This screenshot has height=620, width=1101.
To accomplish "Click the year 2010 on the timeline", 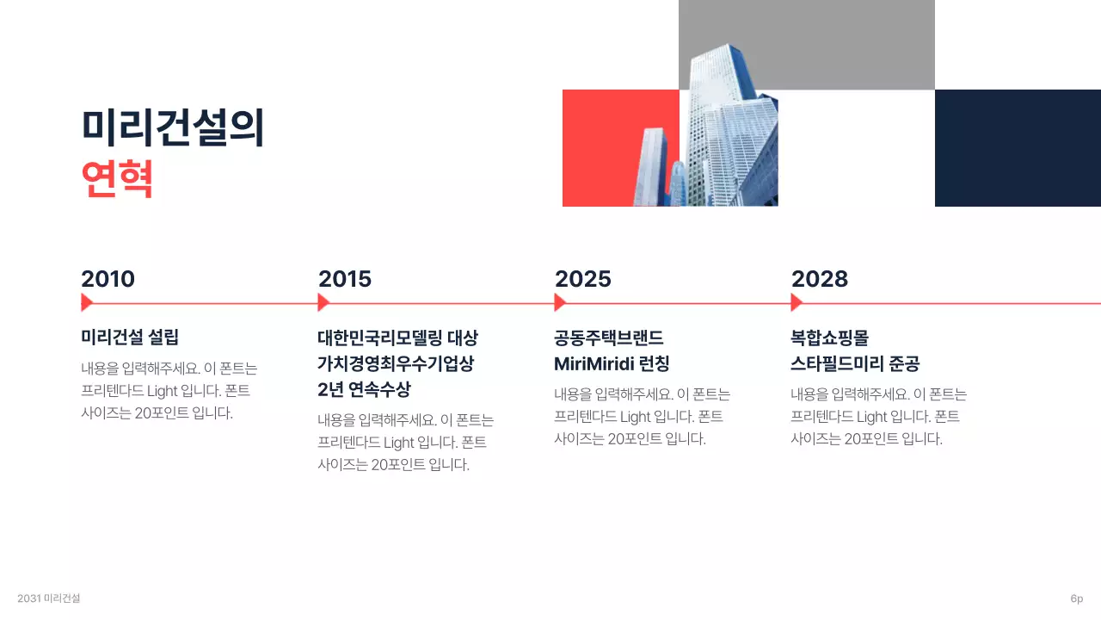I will (108, 279).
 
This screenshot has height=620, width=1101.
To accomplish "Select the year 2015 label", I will (345, 279).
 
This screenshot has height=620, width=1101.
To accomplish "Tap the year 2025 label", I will (582, 279).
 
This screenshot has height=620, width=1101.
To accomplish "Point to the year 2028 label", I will (819, 279).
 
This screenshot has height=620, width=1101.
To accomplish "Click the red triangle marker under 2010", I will (86, 302).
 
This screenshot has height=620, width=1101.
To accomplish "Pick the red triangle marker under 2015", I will (323, 302).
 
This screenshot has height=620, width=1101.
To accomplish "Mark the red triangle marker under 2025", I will (559, 302).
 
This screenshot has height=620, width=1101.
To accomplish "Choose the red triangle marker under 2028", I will (796, 302).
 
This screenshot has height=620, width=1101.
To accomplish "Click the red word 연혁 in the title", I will (117, 179).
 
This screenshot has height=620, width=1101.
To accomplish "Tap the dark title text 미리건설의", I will (172, 127).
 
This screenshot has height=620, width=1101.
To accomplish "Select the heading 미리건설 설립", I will (130, 338).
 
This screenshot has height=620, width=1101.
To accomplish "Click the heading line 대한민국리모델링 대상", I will (397, 338).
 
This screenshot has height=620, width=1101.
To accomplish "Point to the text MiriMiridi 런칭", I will (612, 364).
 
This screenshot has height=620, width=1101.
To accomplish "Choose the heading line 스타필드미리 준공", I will (855, 364).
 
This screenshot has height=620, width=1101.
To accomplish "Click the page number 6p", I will (1076, 598).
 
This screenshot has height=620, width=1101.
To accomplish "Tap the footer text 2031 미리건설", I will (48, 598).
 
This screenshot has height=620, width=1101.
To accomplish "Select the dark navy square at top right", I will (1018, 148).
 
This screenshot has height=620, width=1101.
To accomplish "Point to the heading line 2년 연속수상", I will (364, 390).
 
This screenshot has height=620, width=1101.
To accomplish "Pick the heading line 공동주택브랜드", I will (609, 338).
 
